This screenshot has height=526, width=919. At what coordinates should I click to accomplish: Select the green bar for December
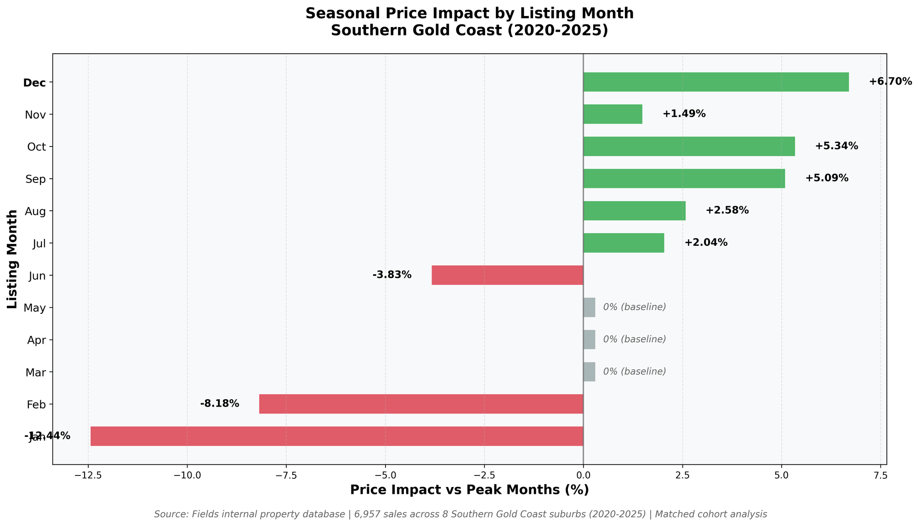pos(716,82)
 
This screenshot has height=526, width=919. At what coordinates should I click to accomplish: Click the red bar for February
pos(421,404)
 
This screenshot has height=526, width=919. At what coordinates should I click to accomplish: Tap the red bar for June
pos(507,275)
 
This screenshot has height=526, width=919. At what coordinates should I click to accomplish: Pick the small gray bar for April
pos(589,339)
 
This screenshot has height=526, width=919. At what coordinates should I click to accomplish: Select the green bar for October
pos(689,146)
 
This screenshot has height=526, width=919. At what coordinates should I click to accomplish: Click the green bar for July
pos(624,243)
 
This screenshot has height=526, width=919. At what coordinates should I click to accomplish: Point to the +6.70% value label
pos(890,82)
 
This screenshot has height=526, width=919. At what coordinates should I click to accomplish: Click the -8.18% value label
pos(220,404)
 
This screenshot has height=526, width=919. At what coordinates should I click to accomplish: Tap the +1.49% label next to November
pos(684,114)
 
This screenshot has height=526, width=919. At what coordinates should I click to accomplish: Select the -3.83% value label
pos(392,275)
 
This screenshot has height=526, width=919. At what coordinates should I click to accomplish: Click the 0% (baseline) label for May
pos(634,307)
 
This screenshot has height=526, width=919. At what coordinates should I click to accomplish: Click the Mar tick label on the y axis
pos(36,372)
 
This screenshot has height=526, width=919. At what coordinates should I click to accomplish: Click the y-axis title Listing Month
pos(12,259)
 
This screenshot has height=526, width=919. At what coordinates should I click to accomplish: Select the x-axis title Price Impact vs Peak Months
pos(469,490)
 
